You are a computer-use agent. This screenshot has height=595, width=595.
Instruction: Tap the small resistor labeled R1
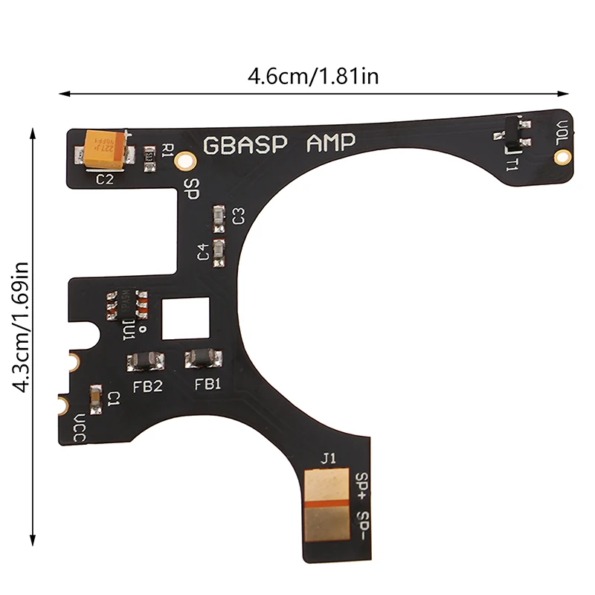[x=149, y=156]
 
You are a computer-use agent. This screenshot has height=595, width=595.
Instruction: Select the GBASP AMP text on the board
[x=280, y=144]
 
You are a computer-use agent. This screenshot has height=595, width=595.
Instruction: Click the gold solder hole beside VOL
[x=564, y=156]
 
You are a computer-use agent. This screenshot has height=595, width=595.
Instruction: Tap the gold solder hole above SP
[x=187, y=159]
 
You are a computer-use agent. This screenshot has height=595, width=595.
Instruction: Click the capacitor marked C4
[x=219, y=251]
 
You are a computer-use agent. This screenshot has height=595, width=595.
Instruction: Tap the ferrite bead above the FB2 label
[x=146, y=361]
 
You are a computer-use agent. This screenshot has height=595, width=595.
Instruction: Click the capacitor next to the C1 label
[x=94, y=399]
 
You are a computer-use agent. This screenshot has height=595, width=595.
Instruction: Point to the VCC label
[x=79, y=429]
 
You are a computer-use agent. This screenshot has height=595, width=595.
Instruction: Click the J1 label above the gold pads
[x=327, y=459]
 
